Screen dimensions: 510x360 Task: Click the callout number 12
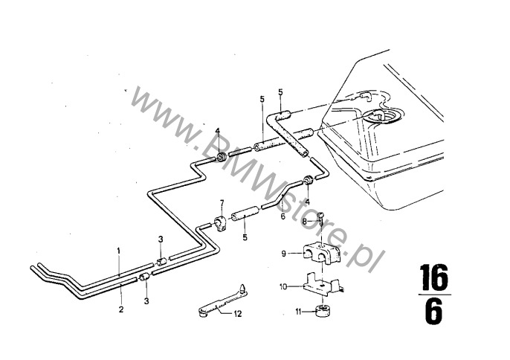coord(238,314)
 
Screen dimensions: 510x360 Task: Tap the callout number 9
coord(284,253)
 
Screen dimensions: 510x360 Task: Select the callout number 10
coord(283,287)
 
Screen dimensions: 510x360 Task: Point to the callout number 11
coord(298,312)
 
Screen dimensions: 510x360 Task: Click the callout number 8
coord(305,222)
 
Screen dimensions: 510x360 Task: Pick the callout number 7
coord(222,203)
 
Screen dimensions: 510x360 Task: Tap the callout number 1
coord(119,251)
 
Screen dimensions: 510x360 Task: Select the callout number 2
coord(121,309)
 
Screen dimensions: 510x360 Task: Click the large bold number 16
coord(434,277)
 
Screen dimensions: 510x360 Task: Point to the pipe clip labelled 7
coord(220,225)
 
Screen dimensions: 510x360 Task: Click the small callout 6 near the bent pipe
coord(283,216)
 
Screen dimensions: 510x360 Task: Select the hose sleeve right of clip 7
coord(245,216)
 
